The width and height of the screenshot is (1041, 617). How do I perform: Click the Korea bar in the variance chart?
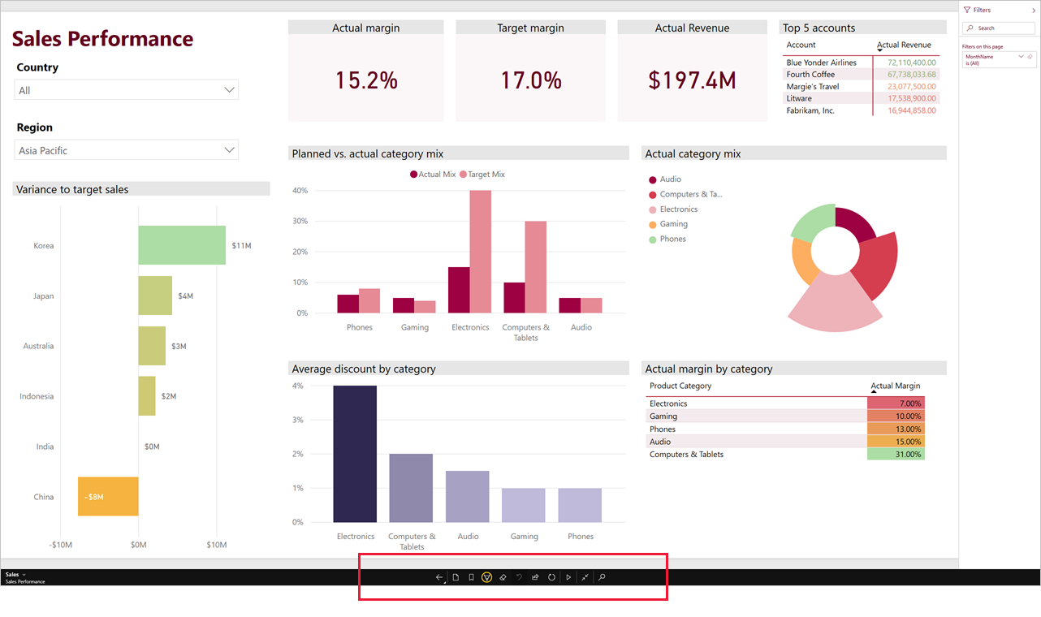(181, 245)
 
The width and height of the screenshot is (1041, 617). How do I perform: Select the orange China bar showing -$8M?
(108, 496)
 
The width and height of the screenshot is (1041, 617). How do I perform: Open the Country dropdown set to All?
(127, 90)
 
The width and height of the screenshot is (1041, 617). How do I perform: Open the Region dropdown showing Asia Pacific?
(127, 150)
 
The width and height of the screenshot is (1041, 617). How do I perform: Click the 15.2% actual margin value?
(366, 80)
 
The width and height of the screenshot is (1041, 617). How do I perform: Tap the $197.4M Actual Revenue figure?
(692, 80)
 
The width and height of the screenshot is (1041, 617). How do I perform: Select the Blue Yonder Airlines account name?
(821, 63)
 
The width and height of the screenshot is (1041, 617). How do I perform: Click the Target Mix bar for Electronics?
(480, 252)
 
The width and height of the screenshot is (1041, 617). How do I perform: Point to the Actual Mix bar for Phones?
(348, 304)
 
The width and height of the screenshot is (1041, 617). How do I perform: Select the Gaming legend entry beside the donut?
(672, 224)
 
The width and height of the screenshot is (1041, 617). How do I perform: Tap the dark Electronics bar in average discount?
(355, 454)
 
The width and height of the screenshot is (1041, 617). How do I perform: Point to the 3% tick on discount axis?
(298, 420)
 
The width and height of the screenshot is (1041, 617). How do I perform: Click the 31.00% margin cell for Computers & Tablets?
(896, 455)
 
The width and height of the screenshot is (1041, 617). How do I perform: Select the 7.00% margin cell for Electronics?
(896, 403)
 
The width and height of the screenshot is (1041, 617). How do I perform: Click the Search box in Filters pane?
(1000, 28)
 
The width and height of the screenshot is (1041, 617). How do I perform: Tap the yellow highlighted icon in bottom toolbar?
(486, 577)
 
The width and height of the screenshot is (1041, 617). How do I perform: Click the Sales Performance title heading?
(102, 39)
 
